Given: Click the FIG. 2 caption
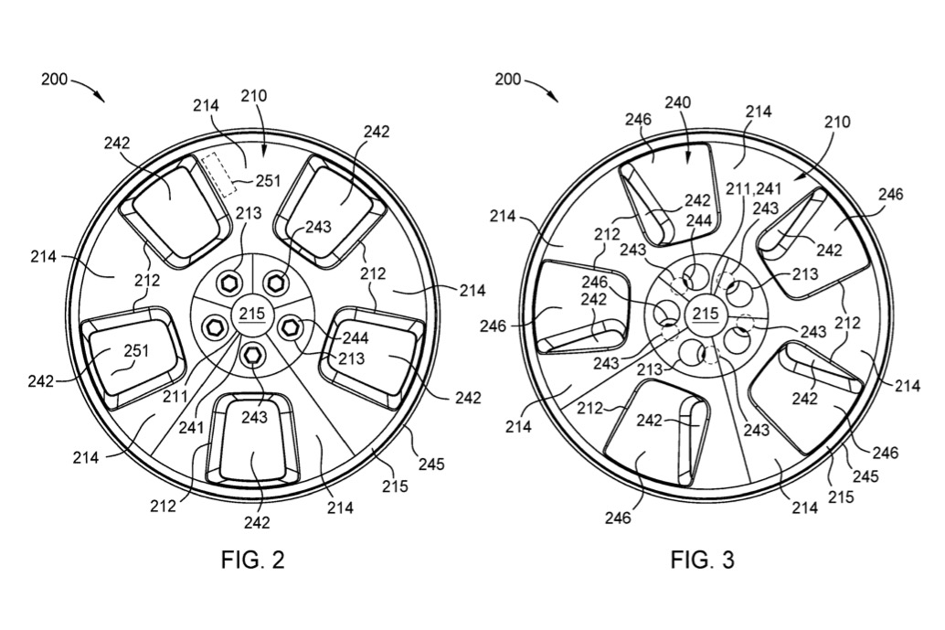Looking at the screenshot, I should [x=252, y=560].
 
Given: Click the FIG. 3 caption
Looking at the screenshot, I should [x=702, y=560].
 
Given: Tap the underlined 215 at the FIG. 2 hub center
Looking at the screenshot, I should [x=252, y=314].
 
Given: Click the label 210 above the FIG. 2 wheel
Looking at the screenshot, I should [x=253, y=95].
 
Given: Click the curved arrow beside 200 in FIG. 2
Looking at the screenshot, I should [x=88, y=89].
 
